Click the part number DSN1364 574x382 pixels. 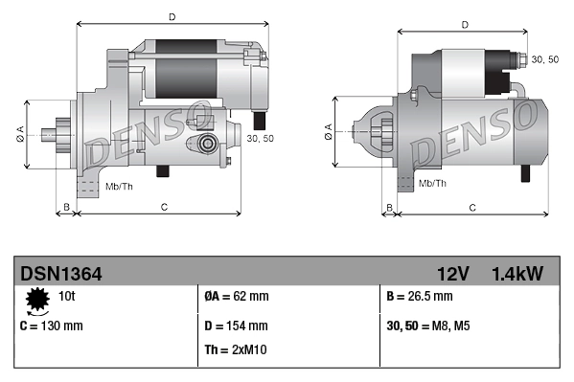coord(61,275)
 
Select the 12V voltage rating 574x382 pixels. coord(451,275)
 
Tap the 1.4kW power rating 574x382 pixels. coord(517,275)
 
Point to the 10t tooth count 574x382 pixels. coord(67,296)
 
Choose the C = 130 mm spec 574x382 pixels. coord(51,326)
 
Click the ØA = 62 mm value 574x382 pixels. coord(238,296)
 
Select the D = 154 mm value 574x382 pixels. coord(237,326)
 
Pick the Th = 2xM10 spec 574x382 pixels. coord(237,349)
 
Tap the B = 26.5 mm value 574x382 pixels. coord(420,296)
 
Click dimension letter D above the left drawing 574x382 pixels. coord(171,16)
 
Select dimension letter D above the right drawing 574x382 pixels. coord(464,26)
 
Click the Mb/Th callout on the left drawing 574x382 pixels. coord(120,185)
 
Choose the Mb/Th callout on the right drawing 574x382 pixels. coord(432,183)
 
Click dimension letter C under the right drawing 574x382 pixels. coord(472,207)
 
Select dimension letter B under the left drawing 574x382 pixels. coord(66,207)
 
